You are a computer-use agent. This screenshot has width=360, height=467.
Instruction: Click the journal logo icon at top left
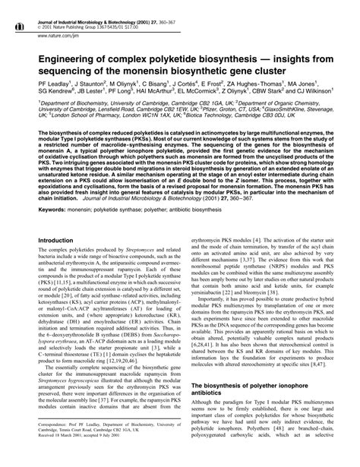click(17, 8)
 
